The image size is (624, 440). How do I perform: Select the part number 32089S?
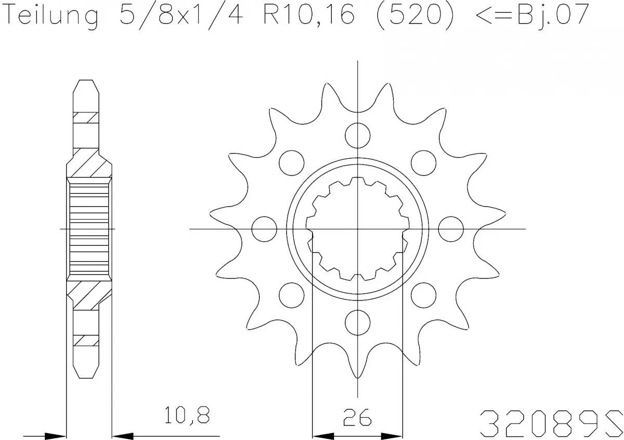[551, 419]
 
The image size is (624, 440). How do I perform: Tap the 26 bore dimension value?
[358, 417]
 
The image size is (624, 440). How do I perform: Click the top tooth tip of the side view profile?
[85, 82]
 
